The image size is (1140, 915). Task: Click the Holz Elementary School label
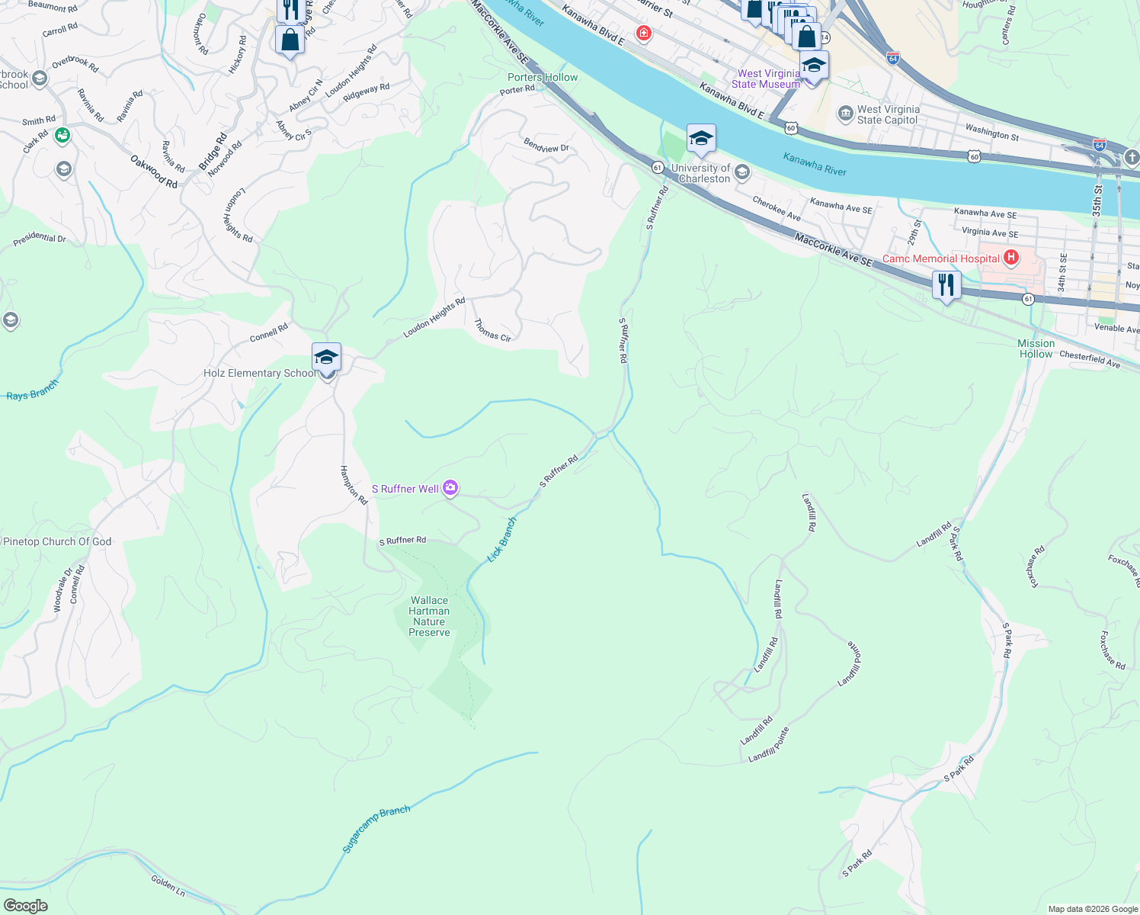(x=259, y=373)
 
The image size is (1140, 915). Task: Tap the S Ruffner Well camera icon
(x=450, y=488)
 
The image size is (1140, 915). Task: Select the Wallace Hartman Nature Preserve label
(x=429, y=616)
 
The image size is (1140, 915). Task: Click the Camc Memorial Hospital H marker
(x=1011, y=258)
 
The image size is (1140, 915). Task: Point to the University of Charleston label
(x=700, y=173)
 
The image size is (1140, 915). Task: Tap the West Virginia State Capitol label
(x=888, y=114)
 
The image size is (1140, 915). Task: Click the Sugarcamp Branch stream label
(x=376, y=829)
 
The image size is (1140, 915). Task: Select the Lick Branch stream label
(x=502, y=539)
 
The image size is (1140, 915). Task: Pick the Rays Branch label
(x=32, y=390)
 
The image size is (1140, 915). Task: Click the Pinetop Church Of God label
(x=57, y=541)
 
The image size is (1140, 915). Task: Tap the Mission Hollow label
(x=1036, y=348)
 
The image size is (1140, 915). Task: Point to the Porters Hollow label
(x=543, y=77)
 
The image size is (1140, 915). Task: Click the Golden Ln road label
(x=168, y=885)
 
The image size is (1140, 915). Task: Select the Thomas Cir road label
(x=492, y=330)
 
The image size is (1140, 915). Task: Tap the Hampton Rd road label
(x=354, y=485)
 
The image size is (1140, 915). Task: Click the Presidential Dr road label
(x=40, y=239)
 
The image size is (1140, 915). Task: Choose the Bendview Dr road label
(x=546, y=145)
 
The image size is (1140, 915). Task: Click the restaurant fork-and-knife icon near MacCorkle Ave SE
(x=946, y=286)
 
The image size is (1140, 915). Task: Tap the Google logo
(x=25, y=906)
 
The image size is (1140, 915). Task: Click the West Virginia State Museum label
(x=766, y=79)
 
